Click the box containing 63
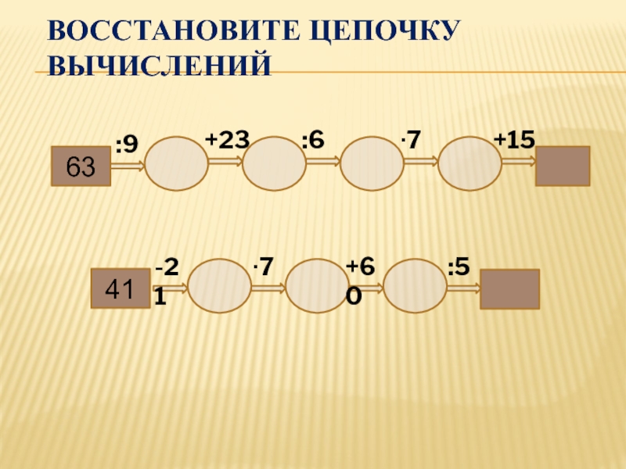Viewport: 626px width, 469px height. click(81, 166)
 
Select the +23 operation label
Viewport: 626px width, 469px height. click(227, 140)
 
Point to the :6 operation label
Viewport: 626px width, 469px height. click(313, 140)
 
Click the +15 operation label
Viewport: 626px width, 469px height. click(514, 140)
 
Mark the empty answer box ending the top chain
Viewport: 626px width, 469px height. click(562, 166)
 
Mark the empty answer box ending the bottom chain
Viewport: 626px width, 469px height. click(509, 288)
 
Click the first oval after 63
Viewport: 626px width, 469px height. click(178, 164)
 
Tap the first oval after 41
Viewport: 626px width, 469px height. click(220, 286)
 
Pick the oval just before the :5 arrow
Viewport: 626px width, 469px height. click(415, 286)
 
